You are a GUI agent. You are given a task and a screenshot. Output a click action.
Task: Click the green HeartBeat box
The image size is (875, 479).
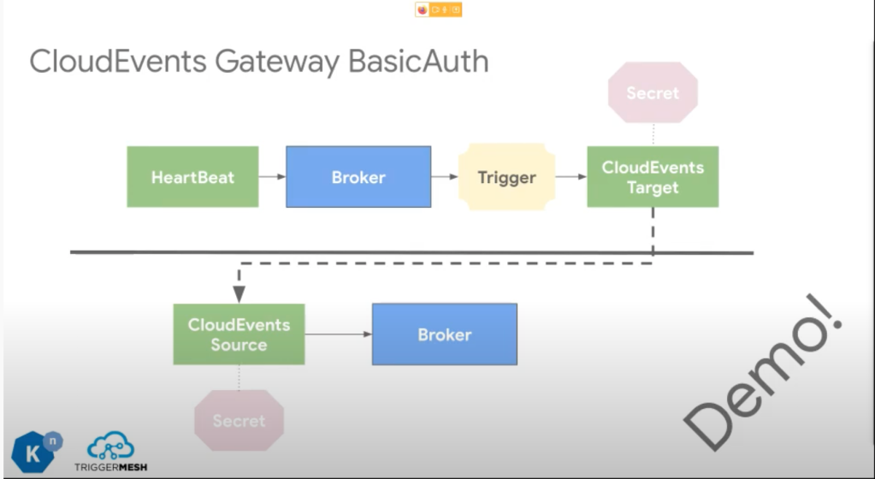(192, 177)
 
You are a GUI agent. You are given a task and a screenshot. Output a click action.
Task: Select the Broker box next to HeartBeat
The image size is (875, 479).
(358, 177)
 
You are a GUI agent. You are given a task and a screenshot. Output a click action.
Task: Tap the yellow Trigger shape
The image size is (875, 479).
(506, 177)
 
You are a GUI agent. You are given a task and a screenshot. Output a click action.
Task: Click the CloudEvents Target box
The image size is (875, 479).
(652, 177)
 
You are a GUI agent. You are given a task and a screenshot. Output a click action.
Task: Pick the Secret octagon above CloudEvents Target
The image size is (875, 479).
(652, 92)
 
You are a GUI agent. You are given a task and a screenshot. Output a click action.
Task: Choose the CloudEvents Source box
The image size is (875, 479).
(239, 334)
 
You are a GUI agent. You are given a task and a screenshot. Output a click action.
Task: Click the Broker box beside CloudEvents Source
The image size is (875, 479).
(444, 334)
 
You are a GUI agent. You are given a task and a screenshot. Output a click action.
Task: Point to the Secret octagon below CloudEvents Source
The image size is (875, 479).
(239, 420)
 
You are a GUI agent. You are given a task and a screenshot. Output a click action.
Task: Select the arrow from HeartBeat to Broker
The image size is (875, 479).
(272, 177)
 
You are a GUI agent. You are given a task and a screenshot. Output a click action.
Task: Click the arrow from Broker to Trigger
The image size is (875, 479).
(445, 177)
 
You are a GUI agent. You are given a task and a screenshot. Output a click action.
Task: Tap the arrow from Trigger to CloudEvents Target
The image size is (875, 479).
(571, 177)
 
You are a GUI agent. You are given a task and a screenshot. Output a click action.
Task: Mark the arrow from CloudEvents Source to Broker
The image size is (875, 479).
(338, 334)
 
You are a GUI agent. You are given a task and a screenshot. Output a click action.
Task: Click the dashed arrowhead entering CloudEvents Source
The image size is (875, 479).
(239, 294)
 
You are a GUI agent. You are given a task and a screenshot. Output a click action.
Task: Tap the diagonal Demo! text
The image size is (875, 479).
(766, 372)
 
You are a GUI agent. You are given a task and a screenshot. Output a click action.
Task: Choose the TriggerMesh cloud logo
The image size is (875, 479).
(110, 448)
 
